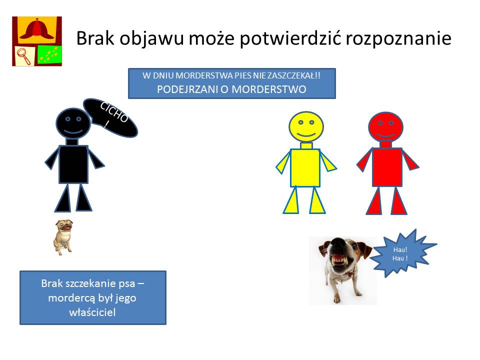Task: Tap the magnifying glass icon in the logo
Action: tap(23, 56)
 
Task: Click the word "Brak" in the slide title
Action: tap(95, 38)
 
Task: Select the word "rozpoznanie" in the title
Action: tap(398, 39)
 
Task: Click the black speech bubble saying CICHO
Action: tap(110, 118)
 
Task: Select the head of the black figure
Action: tap(73, 123)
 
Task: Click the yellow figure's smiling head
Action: tap(306, 126)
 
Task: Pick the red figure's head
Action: tap(385, 126)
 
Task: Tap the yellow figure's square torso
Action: tap(305, 168)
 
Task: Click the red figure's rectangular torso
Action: tap(387, 167)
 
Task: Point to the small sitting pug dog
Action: tap(63, 237)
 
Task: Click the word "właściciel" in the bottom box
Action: tap(92, 312)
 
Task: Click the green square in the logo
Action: tap(49, 54)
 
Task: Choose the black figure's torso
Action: tap(73, 164)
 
